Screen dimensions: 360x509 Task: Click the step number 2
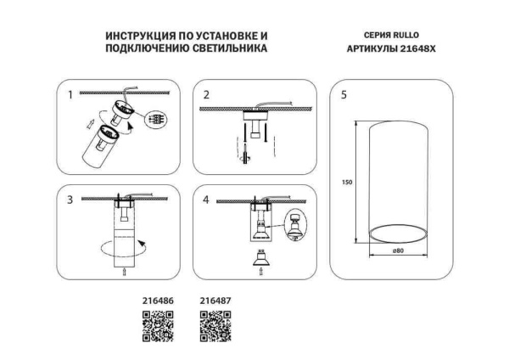[205, 95]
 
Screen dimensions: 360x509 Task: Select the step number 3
[70, 200]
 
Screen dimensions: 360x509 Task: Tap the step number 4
[205, 200]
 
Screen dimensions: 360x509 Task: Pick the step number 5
[343, 95]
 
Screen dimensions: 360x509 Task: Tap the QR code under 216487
[215, 326]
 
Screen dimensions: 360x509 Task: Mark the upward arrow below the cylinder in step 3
[125, 272]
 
